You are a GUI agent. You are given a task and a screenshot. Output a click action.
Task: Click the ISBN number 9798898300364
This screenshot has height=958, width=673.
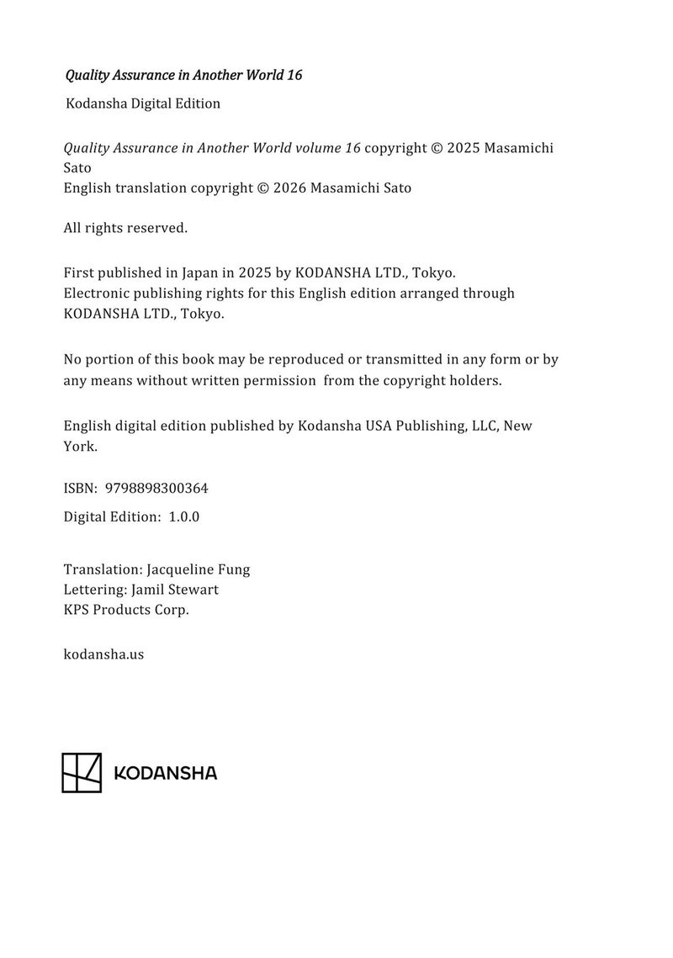pos(156,488)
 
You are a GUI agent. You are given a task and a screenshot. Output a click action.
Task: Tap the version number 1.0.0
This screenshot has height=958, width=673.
pos(183,516)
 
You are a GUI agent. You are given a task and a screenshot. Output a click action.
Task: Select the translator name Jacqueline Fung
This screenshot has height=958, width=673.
pos(198,569)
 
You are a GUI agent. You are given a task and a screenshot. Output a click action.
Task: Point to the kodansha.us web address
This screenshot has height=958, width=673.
pos(103,653)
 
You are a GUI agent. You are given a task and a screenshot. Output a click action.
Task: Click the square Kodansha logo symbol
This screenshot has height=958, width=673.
pos(82,772)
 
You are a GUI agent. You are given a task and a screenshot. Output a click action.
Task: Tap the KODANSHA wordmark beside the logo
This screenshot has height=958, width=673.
pos(165,773)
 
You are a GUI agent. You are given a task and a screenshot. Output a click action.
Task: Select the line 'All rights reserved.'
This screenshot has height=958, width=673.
pos(125,228)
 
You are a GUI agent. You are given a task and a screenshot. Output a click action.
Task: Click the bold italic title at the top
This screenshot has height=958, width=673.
pos(183,75)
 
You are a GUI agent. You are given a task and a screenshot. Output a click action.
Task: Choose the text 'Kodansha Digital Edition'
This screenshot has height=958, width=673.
pos(143,103)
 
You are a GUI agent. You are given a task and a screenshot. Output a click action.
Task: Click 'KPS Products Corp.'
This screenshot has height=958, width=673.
pos(126,610)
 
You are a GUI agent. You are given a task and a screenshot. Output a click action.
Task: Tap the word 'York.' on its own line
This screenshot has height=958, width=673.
pos(81,447)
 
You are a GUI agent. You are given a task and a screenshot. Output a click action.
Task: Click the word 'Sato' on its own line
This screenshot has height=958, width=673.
pos(77,167)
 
